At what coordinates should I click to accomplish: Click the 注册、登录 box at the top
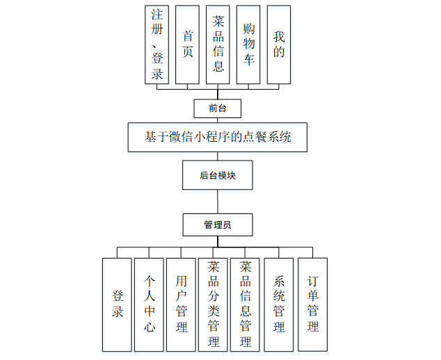click(x=157, y=44)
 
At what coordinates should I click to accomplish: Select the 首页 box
click(x=188, y=44)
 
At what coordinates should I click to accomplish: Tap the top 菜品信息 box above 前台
click(x=218, y=44)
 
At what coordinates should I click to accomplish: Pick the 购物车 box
click(x=249, y=44)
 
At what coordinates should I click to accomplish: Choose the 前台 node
click(x=218, y=108)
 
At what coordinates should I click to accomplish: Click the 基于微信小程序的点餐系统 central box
click(x=218, y=137)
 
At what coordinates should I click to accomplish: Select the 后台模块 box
click(x=218, y=175)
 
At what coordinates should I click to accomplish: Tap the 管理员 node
click(x=218, y=225)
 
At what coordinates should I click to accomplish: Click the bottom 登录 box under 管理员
click(x=117, y=304)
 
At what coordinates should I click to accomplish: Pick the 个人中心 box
click(x=149, y=304)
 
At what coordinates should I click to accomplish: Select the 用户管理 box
click(x=181, y=304)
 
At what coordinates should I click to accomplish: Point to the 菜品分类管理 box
click(x=213, y=304)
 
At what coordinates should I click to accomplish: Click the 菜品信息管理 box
click(x=245, y=304)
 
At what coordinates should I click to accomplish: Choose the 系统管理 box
click(x=279, y=304)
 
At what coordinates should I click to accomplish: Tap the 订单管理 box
click(x=312, y=304)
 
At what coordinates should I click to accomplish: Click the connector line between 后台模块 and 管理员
click(x=218, y=202)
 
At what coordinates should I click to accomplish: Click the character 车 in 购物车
click(x=249, y=60)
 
